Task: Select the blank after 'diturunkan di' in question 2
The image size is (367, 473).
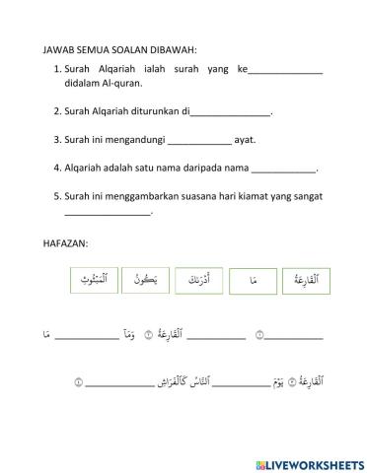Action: pyautogui.click(x=230, y=113)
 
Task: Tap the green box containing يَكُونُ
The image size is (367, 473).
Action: pyautogui.click(x=149, y=281)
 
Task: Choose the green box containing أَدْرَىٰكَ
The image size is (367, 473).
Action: pyautogui.click(x=201, y=282)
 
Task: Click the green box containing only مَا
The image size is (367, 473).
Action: pyautogui.click(x=254, y=282)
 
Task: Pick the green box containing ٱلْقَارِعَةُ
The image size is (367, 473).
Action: pyautogui.click(x=306, y=282)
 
